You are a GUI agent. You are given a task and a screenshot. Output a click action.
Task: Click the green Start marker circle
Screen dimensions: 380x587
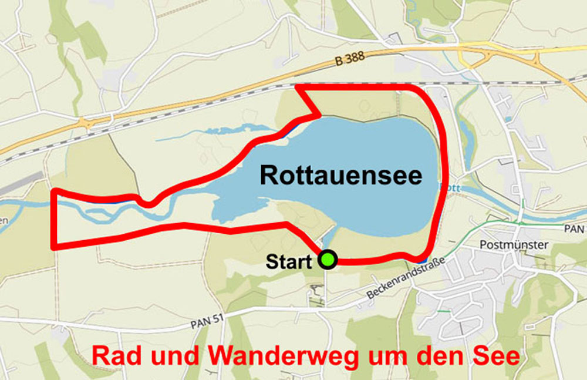[328, 260]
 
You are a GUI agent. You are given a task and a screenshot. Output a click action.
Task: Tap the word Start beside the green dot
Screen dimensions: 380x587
[288, 261]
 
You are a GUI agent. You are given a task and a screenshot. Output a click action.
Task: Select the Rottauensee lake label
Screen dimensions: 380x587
[340, 175]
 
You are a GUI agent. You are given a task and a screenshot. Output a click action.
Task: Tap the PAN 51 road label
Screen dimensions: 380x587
[208, 322]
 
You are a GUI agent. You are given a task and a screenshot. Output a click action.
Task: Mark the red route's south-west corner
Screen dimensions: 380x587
[54, 247]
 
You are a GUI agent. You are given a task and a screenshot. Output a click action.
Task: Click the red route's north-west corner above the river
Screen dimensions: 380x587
[54, 191]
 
